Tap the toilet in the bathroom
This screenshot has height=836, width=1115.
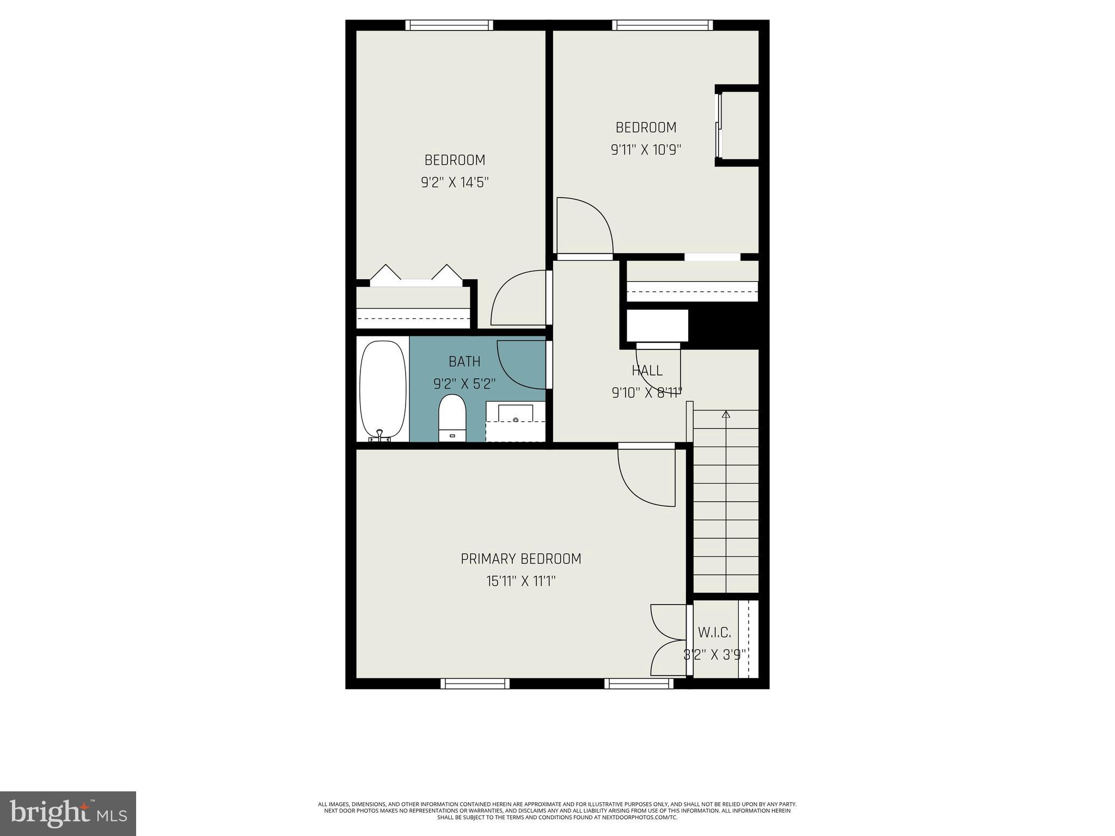tap(452, 418)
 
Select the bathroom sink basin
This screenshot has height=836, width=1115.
tap(516, 414)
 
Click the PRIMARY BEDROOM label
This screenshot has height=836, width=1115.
tap(521, 559)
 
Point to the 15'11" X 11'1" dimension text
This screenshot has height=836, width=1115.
tap(521, 581)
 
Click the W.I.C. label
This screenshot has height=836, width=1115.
tap(714, 632)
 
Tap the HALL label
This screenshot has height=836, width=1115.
tap(647, 371)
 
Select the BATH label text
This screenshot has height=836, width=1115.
tap(464, 361)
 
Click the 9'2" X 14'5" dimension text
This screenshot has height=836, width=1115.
tap(455, 182)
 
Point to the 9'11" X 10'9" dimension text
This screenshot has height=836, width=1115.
tap(646, 150)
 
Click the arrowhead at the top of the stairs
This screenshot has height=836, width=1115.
tap(726, 415)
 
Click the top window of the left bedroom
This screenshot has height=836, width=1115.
tap(449, 25)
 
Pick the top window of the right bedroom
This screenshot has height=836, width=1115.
tap(662, 25)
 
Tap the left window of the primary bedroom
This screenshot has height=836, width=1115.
tap(475, 684)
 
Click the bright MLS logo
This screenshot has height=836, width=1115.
tap(68, 813)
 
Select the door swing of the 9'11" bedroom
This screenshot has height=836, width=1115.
tap(585, 226)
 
